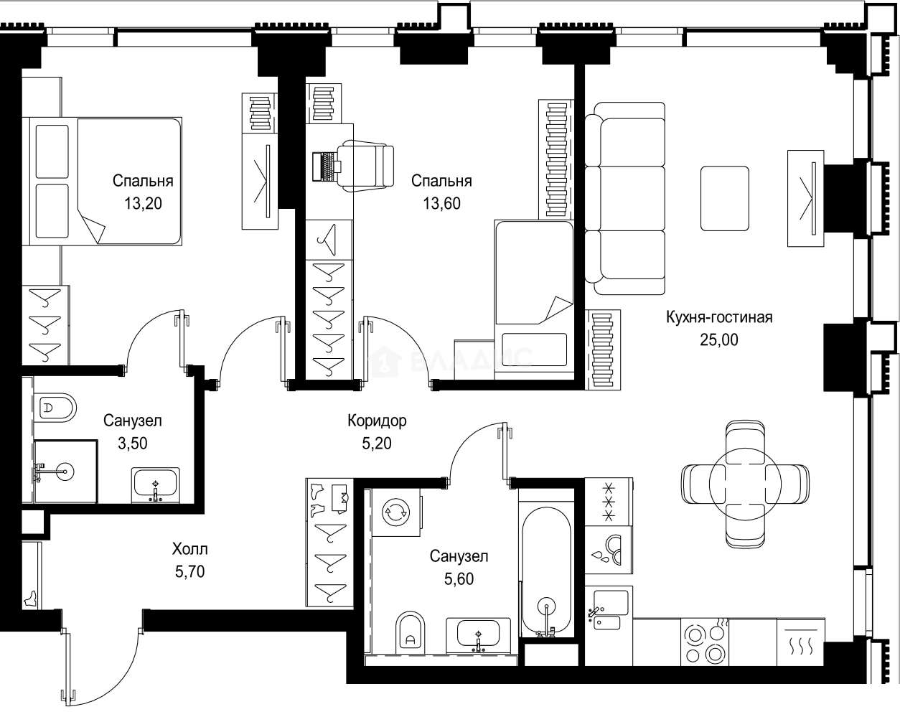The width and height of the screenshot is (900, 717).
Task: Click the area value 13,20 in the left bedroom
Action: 143,203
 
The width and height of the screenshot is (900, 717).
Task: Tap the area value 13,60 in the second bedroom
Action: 441,203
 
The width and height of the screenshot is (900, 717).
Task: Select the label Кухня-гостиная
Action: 719,317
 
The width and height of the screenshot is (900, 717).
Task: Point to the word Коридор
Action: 377,421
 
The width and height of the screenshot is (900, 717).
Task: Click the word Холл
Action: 190,549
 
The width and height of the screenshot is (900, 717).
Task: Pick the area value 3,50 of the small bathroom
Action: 133,444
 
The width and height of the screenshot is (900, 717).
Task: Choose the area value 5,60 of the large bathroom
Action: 459,579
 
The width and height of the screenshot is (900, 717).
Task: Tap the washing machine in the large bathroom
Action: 396,512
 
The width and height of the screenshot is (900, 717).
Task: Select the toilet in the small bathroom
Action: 56,408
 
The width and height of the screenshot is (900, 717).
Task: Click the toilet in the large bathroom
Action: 410,632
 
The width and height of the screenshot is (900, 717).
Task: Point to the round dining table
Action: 745,484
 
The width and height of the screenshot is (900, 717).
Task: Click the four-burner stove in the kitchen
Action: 705,642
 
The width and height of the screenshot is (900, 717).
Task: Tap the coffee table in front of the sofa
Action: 725,198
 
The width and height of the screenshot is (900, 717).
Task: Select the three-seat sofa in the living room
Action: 625,198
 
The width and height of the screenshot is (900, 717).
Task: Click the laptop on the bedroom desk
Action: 327,167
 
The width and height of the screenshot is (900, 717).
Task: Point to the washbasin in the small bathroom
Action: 156,485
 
